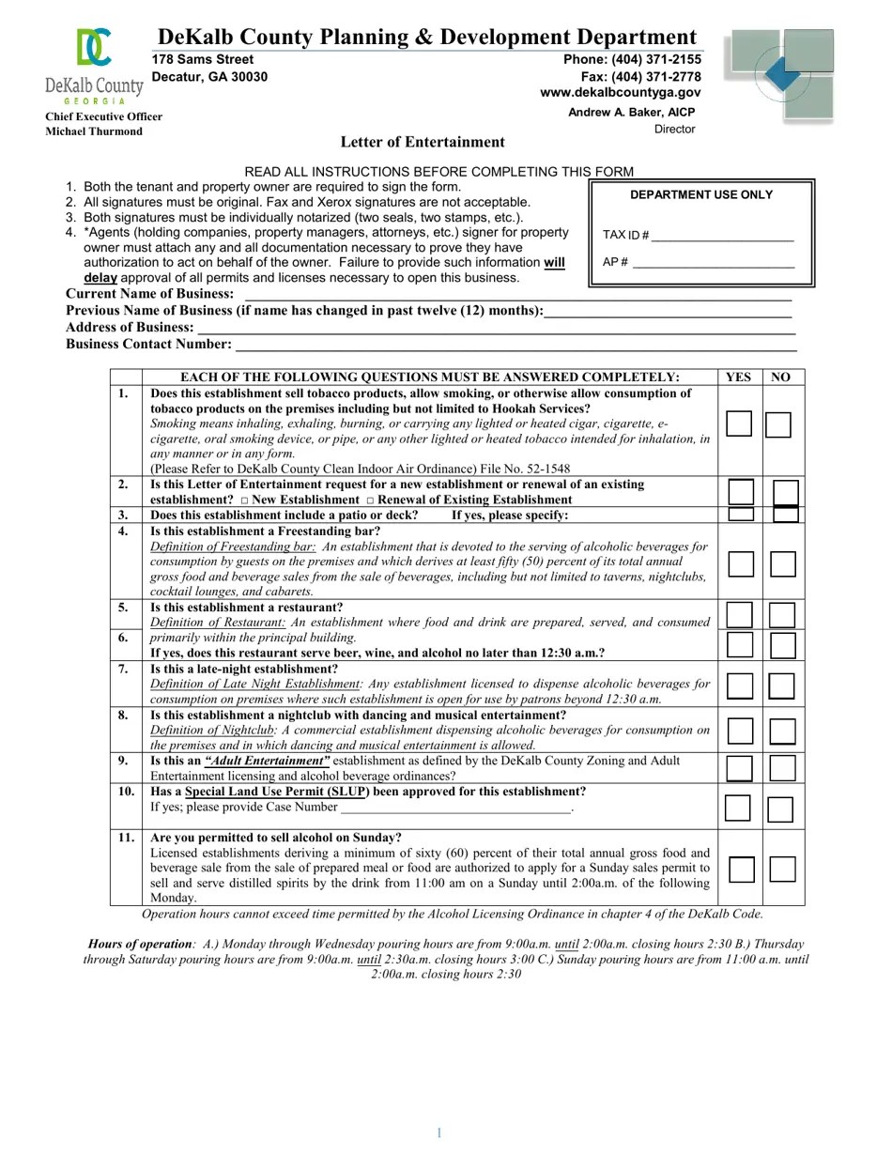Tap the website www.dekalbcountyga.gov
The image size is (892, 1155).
coord(621,93)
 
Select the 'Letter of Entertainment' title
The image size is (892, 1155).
coord(423,142)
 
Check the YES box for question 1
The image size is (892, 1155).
coord(739,424)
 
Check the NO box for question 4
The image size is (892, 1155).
coord(783,563)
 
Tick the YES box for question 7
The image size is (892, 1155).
coord(740,685)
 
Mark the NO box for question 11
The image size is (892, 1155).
coord(783,870)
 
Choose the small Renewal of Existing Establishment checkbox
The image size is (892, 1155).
coord(370,500)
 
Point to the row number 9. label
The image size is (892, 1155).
coord(123,761)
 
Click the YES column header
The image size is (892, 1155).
coord(739,377)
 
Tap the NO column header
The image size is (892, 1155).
coord(781,377)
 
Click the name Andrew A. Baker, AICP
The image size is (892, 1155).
coord(631,112)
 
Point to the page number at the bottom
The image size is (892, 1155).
coord(438,1132)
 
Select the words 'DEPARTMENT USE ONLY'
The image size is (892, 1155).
coord(701,195)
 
